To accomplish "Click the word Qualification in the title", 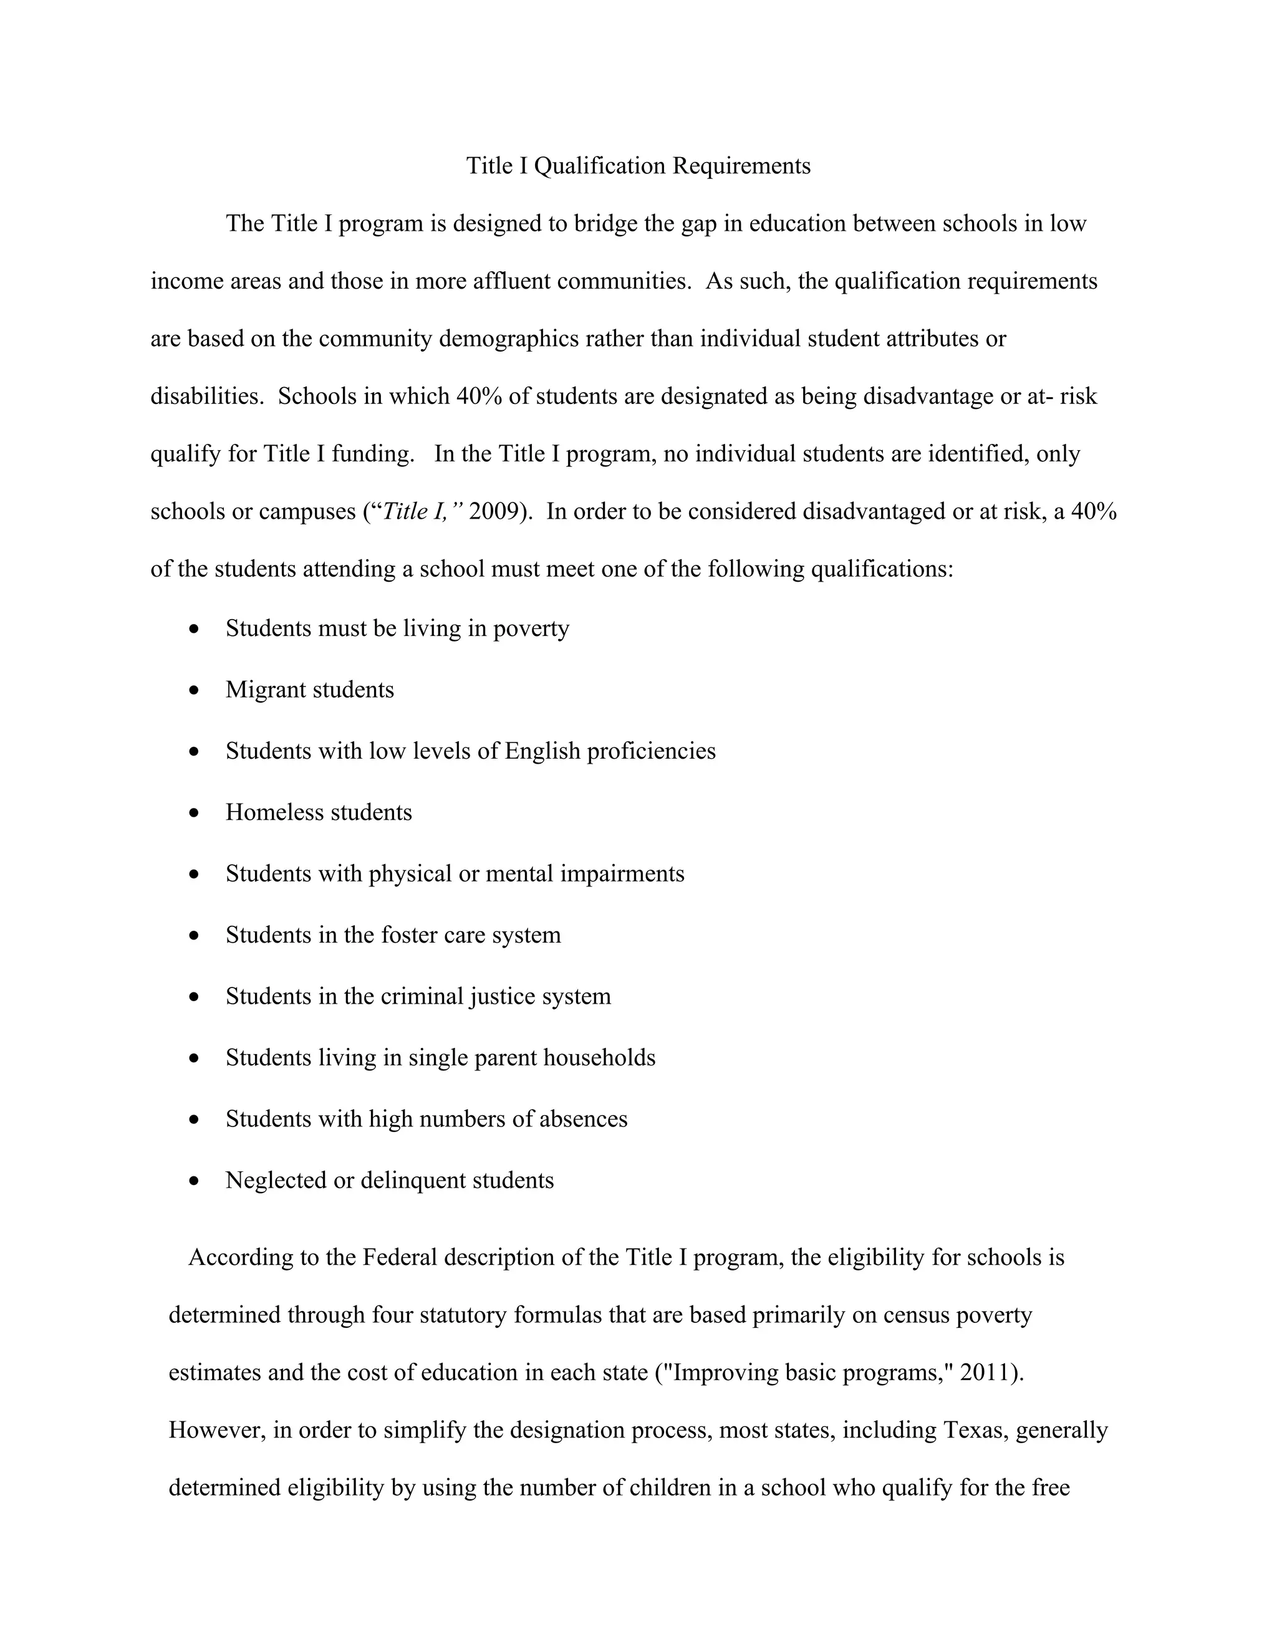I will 600,166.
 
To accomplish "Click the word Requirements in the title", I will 741,166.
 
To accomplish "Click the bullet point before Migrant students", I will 195,691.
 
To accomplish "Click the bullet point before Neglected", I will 195,1181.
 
